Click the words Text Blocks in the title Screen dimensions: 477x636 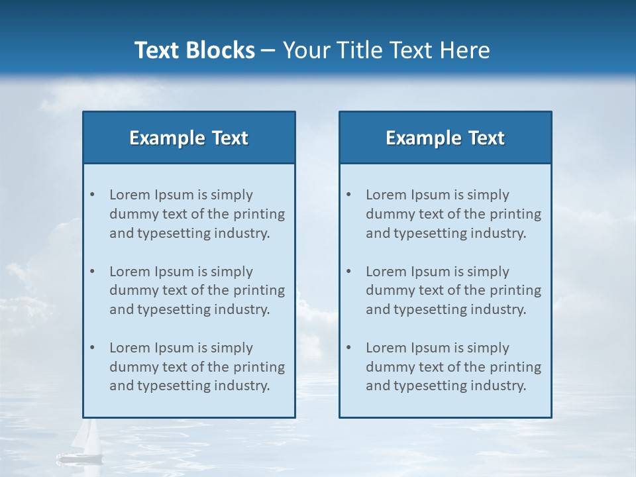(194, 50)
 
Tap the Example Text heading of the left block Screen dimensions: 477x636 (189, 138)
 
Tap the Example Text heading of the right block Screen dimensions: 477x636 (445, 138)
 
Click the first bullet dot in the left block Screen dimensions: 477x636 (93, 195)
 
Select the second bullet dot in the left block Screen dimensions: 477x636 (93, 272)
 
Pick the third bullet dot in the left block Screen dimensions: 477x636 (93, 348)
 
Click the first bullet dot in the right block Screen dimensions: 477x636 (349, 195)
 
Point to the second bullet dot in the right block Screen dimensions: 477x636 (349, 272)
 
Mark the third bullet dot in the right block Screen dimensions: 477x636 (349, 348)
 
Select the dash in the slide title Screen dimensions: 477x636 (268, 51)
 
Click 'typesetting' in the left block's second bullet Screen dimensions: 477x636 (170, 310)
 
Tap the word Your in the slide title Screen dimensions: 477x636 (305, 50)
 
